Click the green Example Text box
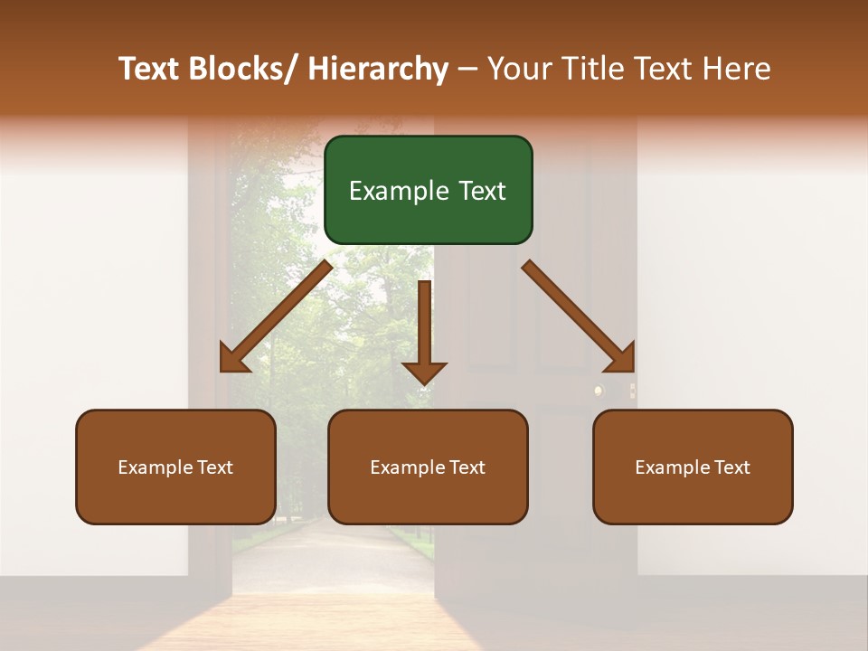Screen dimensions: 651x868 (428, 190)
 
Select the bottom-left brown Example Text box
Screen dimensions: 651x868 (175, 467)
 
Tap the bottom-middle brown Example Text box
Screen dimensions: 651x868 (428, 467)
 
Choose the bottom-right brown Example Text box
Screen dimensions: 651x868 (693, 467)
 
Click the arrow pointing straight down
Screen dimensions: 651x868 (424, 335)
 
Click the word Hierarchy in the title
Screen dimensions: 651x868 (378, 69)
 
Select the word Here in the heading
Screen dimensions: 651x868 (736, 69)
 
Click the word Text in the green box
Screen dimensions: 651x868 (482, 191)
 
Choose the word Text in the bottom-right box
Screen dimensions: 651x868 (731, 467)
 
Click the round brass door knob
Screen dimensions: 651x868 (598, 391)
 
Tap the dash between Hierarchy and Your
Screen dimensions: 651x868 (467, 70)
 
